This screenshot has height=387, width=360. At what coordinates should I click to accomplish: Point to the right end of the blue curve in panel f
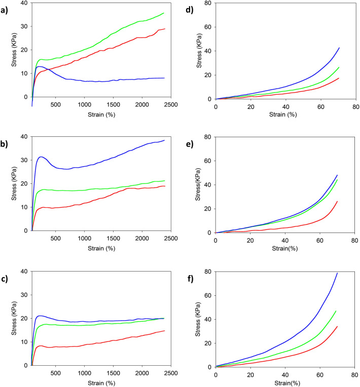[337, 273]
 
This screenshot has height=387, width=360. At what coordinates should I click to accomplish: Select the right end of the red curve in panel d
[339, 78]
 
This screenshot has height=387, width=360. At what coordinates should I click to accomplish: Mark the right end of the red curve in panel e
[337, 202]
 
